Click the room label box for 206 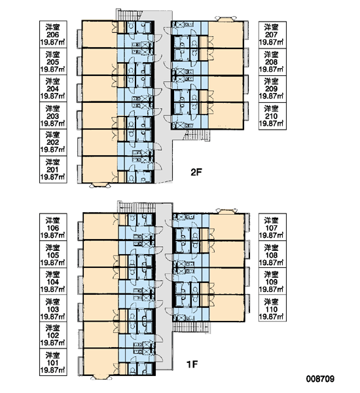tap(53, 34)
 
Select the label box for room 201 tap(53, 170)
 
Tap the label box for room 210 tap(272, 116)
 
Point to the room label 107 tap(272, 227)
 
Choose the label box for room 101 tap(53, 362)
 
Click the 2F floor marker tap(196, 172)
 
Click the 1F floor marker tap(192, 364)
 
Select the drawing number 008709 tap(320, 379)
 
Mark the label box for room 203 tap(53, 115)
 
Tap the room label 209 tap(272, 88)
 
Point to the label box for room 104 tap(53, 282)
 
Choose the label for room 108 tap(272, 255)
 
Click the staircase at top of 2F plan tap(129, 15)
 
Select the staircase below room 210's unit tap(197, 136)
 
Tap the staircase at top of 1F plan tap(137, 207)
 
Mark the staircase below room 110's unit tap(192, 327)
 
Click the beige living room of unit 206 tap(99, 34)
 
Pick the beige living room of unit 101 tap(101, 362)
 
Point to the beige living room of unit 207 tap(225, 34)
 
